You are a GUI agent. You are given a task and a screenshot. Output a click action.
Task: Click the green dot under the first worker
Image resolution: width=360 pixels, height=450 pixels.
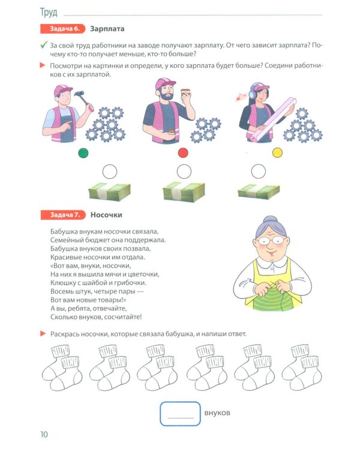[x=83, y=153]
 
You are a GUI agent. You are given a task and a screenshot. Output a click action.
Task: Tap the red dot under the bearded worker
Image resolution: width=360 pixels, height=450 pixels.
[x=183, y=153]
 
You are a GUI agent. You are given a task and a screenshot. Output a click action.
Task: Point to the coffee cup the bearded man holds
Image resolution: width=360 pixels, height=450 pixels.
[x=185, y=95]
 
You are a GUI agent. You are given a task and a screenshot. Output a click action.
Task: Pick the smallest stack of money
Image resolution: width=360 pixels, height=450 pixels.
[x=259, y=192]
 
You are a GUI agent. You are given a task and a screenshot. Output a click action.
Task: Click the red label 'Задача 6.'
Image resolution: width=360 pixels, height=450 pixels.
[x=62, y=28]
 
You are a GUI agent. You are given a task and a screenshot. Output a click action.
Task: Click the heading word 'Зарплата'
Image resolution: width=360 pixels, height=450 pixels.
[x=107, y=28]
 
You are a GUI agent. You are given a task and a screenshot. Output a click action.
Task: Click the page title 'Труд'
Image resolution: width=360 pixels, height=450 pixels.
[x=49, y=12]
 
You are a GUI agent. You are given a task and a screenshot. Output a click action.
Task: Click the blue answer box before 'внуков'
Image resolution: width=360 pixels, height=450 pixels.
[x=180, y=413]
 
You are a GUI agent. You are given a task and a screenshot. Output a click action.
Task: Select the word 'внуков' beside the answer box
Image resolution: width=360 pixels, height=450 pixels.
[x=217, y=413]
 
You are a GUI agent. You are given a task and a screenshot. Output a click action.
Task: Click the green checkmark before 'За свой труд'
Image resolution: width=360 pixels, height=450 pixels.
[x=43, y=45]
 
